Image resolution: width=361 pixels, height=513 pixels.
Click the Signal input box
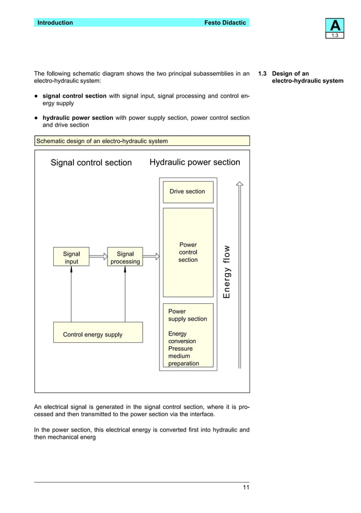point(71,258)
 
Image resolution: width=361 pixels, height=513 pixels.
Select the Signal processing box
point(125,258)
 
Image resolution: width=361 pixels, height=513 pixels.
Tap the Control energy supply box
point(92,334)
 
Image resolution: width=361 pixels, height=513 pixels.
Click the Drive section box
point(187,192)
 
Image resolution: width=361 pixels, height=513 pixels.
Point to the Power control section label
point(188,253)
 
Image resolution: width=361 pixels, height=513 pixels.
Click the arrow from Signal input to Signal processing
point(98,256)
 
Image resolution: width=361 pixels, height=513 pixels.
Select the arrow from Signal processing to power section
point(151,256)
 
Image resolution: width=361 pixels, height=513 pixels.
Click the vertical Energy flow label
point(226,272)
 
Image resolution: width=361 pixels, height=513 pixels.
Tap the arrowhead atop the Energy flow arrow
point(239,184)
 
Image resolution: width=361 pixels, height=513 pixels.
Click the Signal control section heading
point(91,163)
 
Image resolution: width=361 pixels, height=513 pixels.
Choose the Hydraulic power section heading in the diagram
point(195,162)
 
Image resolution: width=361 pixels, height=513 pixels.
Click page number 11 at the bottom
point(246,488)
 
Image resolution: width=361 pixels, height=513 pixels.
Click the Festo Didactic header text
point(225,23)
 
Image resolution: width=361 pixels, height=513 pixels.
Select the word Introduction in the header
point(55,23)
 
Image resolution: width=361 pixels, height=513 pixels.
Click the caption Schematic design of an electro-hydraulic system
point(102,141)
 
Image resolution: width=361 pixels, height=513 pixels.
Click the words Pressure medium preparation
point(183,356)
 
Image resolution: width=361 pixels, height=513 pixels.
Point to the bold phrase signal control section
point(75,96)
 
